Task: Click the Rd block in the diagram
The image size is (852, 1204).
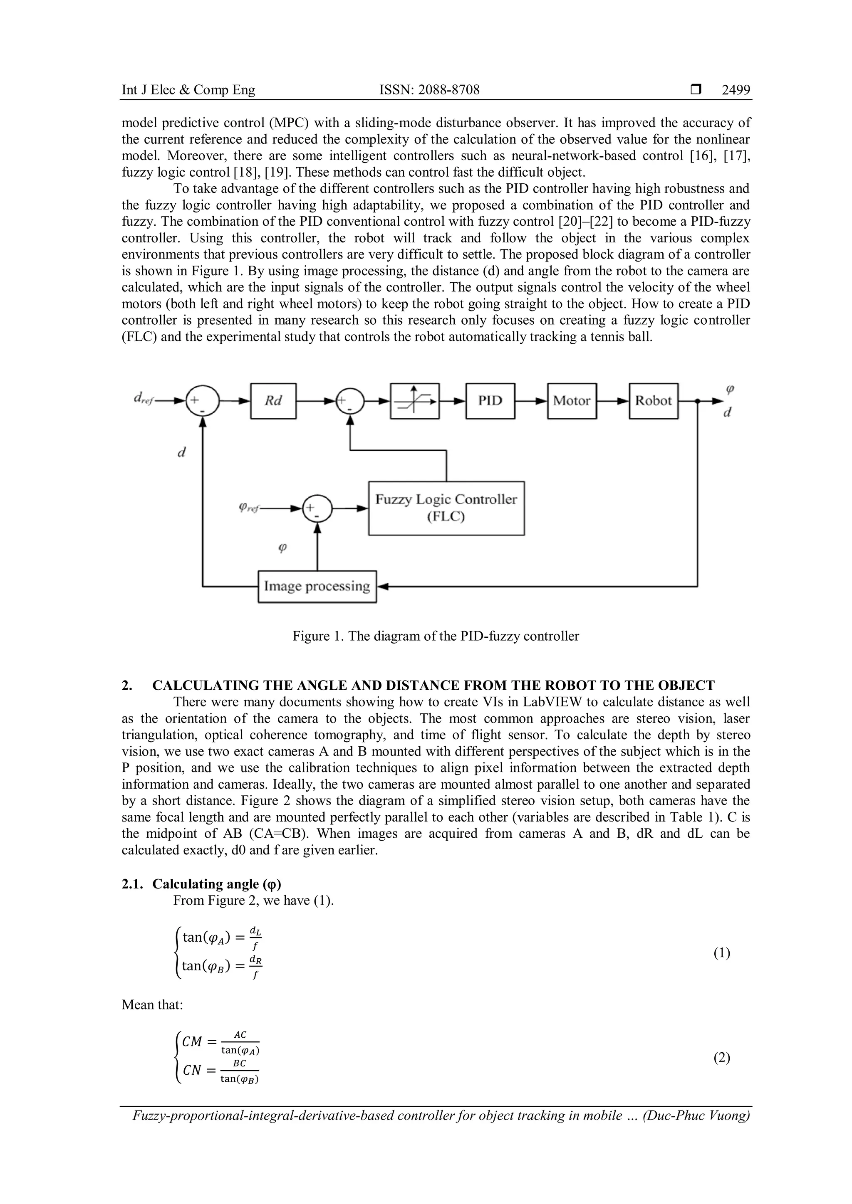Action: click(x=273, y=401)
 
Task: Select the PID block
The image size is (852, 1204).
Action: click(x=490, y=401)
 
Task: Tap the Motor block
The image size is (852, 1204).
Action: click(x=572, y=401)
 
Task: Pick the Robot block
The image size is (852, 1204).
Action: click(x=653, y=401)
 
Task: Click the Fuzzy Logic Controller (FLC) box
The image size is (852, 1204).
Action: click(x=446, y=508)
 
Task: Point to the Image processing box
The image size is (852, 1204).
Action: click(x=317, y=586)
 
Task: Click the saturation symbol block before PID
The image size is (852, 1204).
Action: click(x=414, y=401)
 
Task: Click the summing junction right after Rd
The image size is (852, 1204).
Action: click(x=350, y=401)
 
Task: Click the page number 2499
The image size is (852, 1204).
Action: click(x=736, y=90)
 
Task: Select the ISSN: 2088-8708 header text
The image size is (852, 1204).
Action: click(x=429, y=90)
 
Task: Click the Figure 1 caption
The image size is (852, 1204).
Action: click(x=436, y=636)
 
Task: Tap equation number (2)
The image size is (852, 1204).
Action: click(x=721, y=1058)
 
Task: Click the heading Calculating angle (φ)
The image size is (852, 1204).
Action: click(x=216, y=884)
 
